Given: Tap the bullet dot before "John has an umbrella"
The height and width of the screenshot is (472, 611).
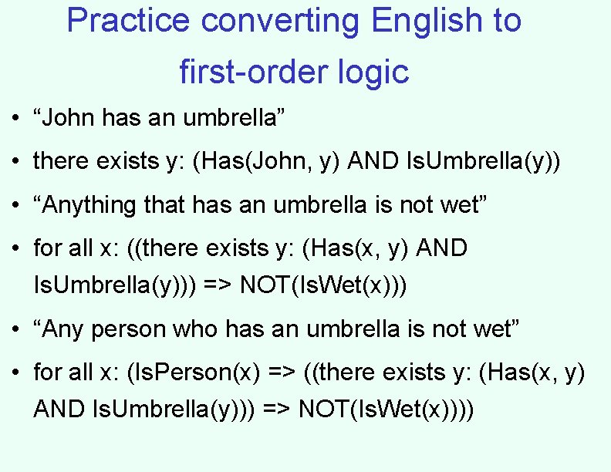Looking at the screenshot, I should (15, 120).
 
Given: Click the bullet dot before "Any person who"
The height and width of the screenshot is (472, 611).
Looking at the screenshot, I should (15, 331).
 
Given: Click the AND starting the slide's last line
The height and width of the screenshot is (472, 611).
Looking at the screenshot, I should (59, 409).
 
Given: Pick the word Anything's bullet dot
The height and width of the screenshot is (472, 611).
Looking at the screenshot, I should (15, 206).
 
